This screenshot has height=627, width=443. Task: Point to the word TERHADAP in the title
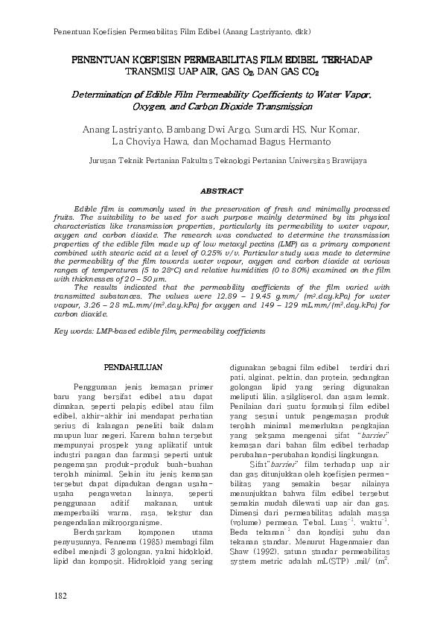click(342, 59)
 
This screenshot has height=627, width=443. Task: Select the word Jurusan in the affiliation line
click(104, 160)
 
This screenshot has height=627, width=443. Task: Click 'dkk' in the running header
click(300, 32)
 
